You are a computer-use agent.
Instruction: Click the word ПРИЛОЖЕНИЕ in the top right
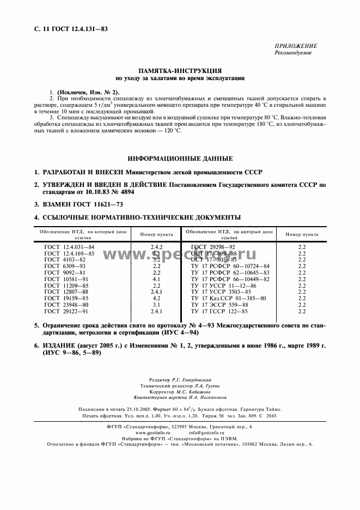(x=296, y=46)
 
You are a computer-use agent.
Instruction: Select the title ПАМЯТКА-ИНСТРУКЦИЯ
(x=180, y=71)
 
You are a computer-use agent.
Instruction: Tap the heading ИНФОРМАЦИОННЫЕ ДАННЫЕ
(x=180, y=159)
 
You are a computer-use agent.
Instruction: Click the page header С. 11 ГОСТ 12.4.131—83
(x=62, y=28)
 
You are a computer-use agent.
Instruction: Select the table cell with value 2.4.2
(x=156, y=247)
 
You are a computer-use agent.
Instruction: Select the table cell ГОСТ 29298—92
(x=213, y=247)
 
